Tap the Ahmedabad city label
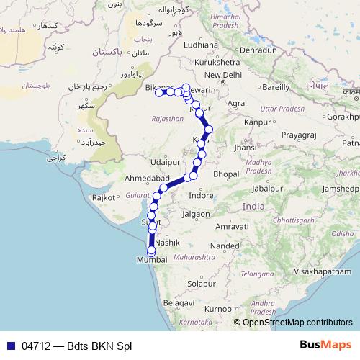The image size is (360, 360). click(x=147, y=178)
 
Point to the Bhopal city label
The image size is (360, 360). click(x=226, y=174)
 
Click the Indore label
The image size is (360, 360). click(x=200, y=195)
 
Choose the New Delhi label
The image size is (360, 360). click(x=223, y=75)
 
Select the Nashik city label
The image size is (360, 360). click(x=167, y=243)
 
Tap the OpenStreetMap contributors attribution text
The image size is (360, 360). click(x=297, y=323)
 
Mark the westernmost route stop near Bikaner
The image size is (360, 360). click(x=158, y=92)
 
